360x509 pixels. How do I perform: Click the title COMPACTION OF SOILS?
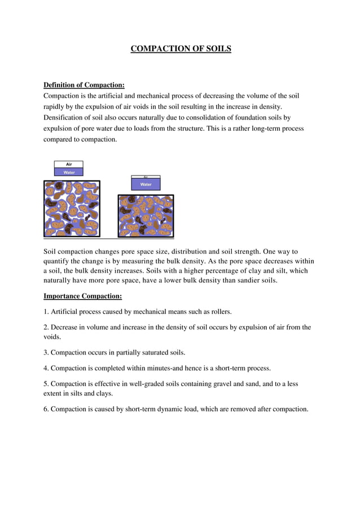coord(181,49)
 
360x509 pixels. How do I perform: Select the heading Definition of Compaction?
coord(84,85)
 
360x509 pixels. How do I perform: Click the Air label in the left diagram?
coord(69,164)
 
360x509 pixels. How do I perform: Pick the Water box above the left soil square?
coord(69,172)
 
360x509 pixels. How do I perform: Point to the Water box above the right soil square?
coord(146,185)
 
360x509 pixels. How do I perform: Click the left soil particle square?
coord(72,209)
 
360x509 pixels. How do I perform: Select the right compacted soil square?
coord(146,216)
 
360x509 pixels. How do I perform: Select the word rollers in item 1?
coord(218,311)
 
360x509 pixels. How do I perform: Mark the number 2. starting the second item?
coord(46,327)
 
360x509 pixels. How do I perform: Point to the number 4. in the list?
coord(46,368)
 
